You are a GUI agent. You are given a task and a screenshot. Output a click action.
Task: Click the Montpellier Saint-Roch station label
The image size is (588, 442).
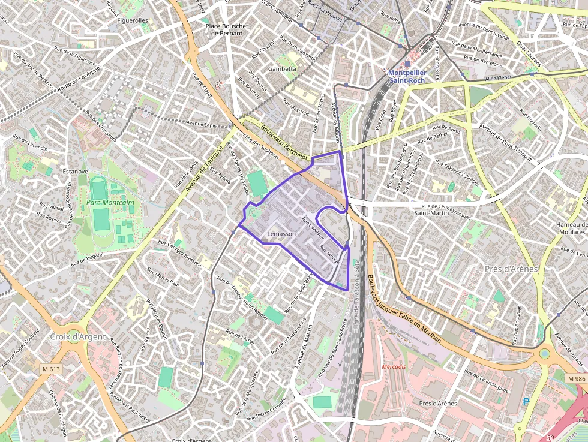coord(407,76)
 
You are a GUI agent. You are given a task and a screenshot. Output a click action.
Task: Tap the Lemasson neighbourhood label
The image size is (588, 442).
coord(281,234)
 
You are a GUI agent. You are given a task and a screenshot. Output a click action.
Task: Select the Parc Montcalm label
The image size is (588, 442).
coord(110,203)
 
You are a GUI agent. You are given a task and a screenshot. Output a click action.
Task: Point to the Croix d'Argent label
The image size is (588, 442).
coord(78,337)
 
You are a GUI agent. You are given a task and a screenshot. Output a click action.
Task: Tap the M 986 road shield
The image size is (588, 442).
coord(576,378)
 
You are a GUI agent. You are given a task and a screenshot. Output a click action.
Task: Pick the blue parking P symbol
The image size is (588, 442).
coord(526,402)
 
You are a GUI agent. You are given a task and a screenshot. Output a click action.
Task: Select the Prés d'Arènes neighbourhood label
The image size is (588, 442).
coord(510,269)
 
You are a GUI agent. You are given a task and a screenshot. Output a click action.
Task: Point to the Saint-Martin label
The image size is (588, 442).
coord(434,213)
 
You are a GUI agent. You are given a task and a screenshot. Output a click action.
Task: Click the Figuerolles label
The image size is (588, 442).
coord(133,20)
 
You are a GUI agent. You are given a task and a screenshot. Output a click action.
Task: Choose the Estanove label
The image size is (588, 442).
coord(75,172)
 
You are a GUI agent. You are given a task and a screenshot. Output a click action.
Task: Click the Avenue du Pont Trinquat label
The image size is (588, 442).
coord(505,142)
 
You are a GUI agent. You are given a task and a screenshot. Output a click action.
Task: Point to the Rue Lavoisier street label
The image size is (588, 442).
coord(312,228)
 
